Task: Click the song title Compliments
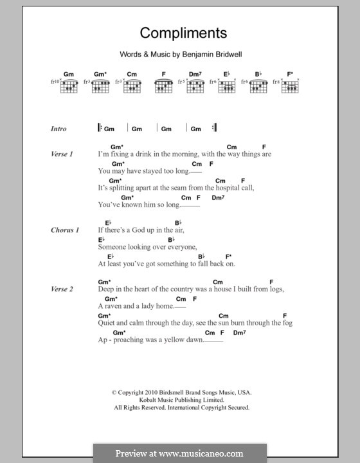pyautogui.click(x=179, y=33)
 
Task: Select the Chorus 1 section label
pyautogui.click(x=65, y=230)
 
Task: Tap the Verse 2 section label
pyautogui.click(x=62, y=289)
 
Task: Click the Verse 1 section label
pyautogui.click(x=62, y=154)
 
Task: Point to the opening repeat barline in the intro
pyautogui.click(x=100, y=128)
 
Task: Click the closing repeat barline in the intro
pyautogui.click(x=214, y=128)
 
